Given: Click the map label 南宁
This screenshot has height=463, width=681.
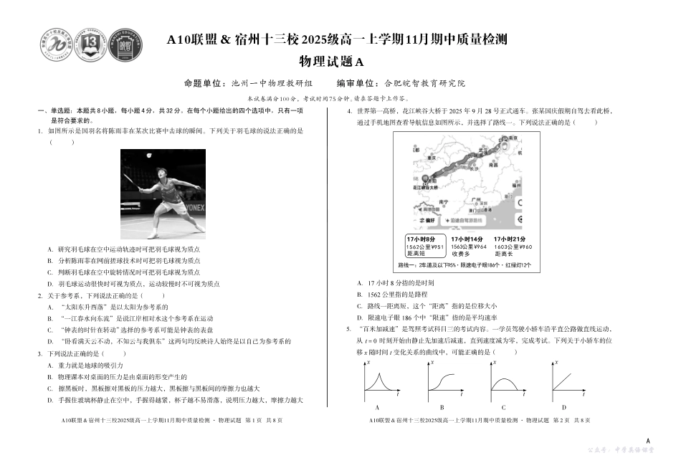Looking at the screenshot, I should [444, 203].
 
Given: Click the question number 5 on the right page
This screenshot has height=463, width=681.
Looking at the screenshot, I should [348, 330].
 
